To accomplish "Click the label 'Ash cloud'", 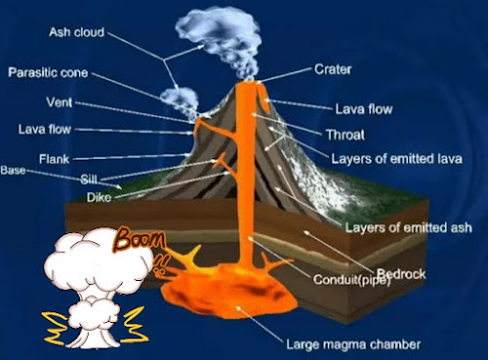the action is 77,32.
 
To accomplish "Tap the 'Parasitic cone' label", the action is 48,72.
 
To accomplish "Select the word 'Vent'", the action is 60,102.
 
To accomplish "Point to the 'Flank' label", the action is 54,159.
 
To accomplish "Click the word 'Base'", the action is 13,170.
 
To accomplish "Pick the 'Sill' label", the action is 89,179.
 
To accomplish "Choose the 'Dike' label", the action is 99,197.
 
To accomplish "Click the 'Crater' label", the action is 333,69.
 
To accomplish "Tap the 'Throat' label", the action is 346,135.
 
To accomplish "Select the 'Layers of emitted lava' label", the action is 397,159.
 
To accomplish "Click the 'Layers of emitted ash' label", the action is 409,227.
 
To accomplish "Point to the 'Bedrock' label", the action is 401,274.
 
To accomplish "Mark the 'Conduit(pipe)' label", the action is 351,280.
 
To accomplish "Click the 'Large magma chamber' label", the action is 353,344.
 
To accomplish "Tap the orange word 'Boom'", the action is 141,239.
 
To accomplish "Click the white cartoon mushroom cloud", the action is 97,286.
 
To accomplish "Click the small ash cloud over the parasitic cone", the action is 180,100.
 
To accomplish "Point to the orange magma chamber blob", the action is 229,291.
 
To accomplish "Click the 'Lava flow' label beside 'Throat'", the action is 364,109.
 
